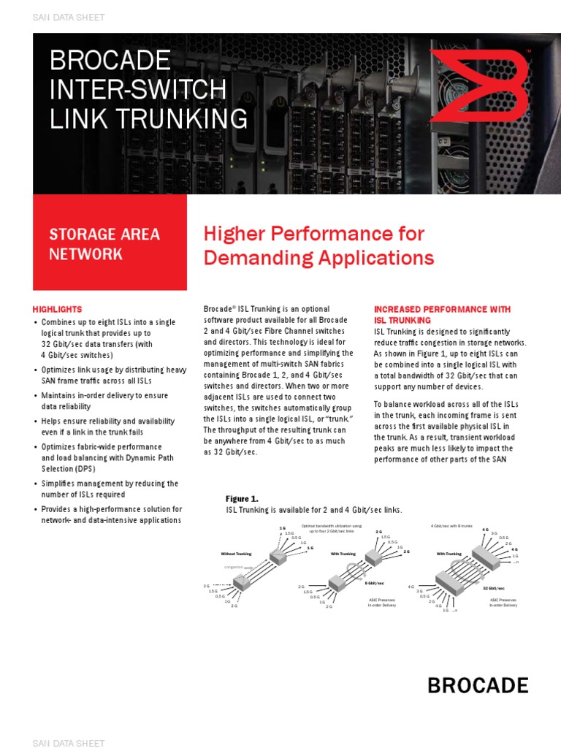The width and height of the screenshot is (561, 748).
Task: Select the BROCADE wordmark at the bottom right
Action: click(477, 685)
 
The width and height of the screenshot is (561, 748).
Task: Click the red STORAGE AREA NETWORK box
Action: click(110, 243)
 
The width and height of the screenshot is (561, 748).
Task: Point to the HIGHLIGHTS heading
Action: click(58, 309)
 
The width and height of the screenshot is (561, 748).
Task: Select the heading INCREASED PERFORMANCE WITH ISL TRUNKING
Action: click(441, 315)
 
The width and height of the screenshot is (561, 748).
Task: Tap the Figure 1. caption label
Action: click(241, 498)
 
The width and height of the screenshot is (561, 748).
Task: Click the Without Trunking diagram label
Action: click(236, 554)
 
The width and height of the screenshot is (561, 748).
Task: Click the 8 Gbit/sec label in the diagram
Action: click(375, 583)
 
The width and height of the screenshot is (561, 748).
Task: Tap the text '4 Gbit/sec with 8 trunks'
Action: click(452, 526)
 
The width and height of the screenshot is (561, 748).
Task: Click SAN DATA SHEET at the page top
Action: click(69, 17)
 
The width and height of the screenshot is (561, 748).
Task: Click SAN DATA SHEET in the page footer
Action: click(69, 743)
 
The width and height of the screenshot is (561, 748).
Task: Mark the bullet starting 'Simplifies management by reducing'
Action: click(110, 484)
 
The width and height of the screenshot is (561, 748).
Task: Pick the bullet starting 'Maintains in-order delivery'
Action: click(104, 395)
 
